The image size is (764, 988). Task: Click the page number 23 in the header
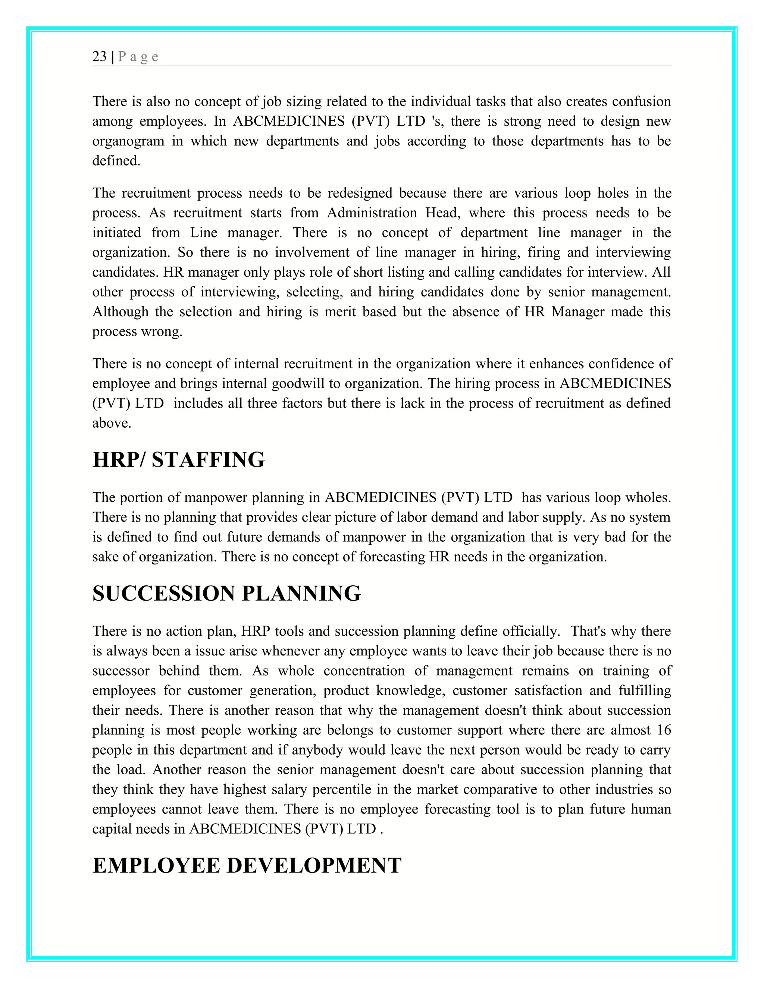100,57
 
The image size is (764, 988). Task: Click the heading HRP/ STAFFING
178,460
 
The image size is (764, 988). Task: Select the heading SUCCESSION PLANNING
226,594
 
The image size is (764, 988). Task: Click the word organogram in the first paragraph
128,141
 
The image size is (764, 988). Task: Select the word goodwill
299,384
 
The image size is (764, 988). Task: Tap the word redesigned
360,193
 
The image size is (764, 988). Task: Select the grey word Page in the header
138,57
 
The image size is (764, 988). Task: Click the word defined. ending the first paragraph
116,161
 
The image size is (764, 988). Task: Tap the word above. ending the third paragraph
112,424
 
